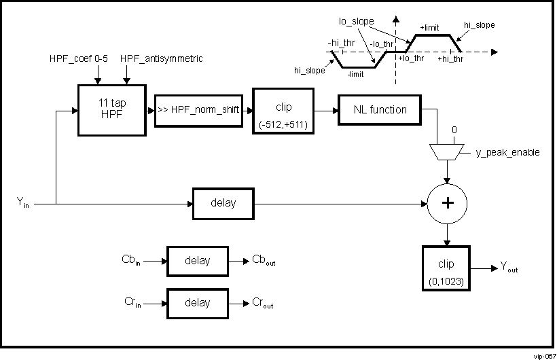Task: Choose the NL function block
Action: [380, 110]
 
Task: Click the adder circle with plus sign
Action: [447, 202]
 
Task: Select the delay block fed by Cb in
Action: [197, 261]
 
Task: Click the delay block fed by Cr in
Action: [197, 303]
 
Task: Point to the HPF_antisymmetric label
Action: [161, 59]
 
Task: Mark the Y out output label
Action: [508, 269]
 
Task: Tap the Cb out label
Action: [264, 261]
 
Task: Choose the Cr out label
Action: [263, 304]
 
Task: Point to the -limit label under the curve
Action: [357, 74]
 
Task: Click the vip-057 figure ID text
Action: [543, 355]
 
